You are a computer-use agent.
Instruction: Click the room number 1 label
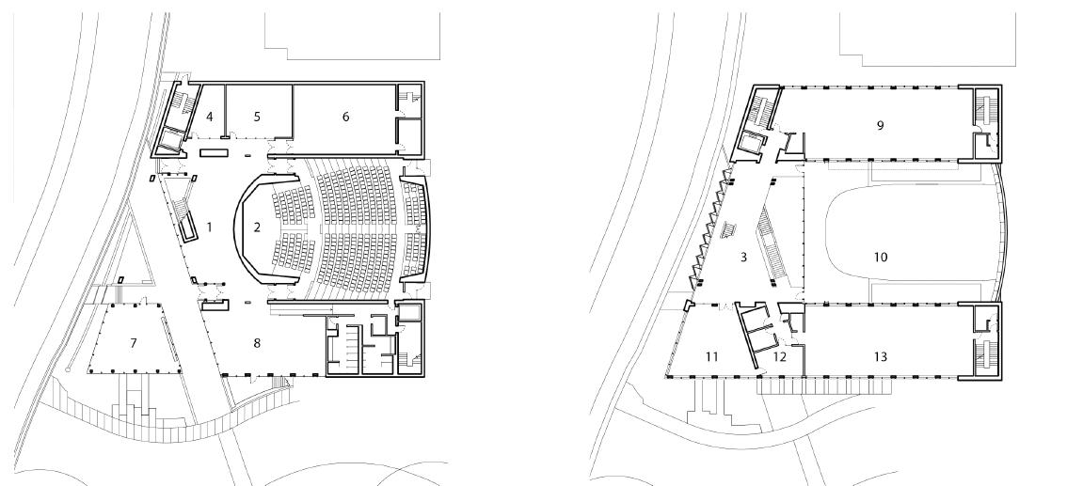210,227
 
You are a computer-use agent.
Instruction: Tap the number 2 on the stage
256,227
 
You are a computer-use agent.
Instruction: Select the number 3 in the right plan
743,257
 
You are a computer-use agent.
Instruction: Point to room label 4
210,116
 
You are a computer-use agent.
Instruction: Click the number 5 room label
257,116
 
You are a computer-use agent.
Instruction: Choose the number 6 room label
345,116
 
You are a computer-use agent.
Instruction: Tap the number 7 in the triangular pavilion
134,344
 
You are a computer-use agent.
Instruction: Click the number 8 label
256,344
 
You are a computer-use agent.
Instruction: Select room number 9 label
880,125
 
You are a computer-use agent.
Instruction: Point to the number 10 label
881,257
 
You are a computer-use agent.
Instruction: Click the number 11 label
712,357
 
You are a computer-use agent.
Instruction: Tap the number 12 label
780,357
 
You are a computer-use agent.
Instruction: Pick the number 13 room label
881,357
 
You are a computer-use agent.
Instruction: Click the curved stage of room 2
242,227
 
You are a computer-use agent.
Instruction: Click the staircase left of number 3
726,229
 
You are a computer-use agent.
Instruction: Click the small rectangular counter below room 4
212,151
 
